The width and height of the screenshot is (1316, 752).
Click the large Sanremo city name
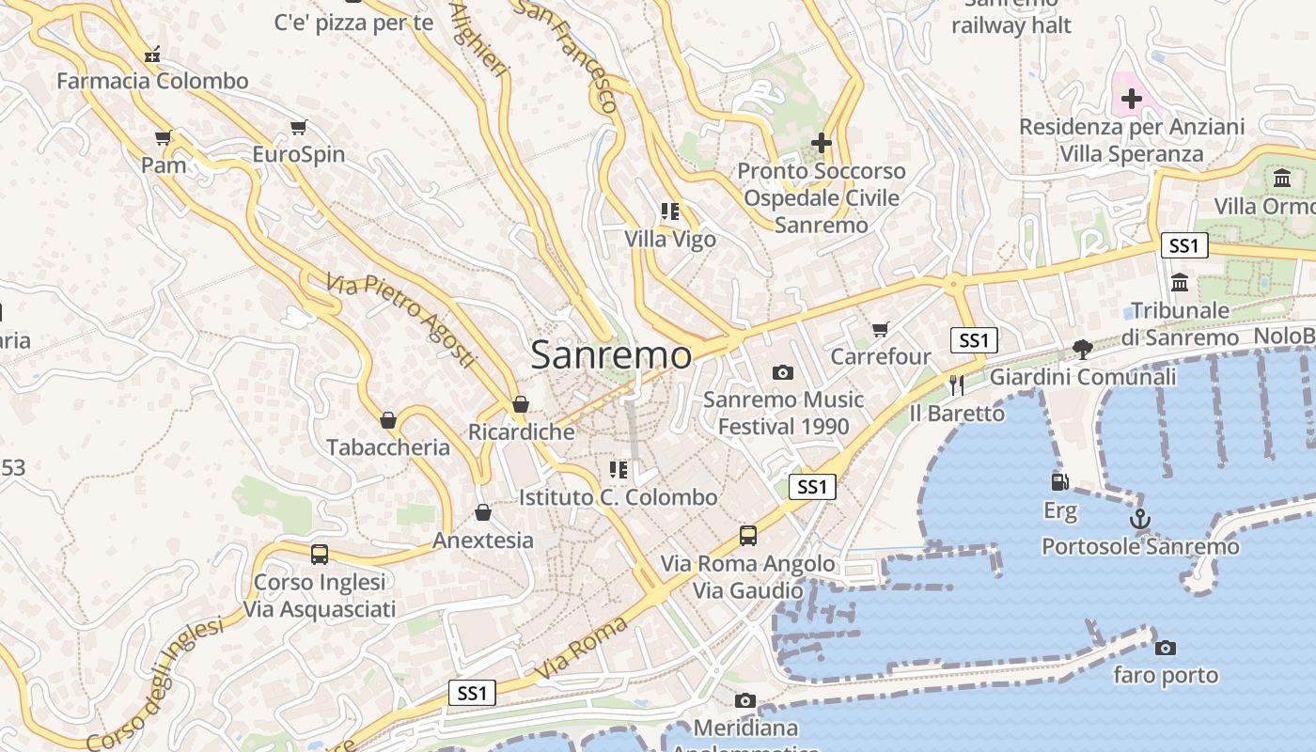click(612, 355)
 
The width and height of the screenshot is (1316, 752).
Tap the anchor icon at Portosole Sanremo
click(1139, 519)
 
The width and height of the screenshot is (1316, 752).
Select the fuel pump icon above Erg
click(1060, 482)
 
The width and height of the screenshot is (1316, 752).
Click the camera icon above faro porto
click(1166, 648)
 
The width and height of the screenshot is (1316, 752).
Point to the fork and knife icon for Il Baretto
click(957, 384)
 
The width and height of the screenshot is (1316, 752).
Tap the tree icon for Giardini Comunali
click(1083, 350)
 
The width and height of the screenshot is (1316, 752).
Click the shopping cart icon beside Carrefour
click(880, 329)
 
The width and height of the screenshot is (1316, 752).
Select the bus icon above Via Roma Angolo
click(748, 536)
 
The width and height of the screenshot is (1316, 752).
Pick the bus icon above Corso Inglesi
click(320, 555)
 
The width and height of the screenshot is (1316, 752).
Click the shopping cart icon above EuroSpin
click(299, 127)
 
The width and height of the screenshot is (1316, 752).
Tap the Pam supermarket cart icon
click(164, 138)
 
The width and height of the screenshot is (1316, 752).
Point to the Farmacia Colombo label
click(152, 81)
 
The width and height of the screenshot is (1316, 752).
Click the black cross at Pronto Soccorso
click(822, 143)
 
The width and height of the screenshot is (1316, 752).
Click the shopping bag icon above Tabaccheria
click(387, 419)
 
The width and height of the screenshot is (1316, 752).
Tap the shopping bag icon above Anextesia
click(483, 512)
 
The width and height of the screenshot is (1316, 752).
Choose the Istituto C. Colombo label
click(619, 497)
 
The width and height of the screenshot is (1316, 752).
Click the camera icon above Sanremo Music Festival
click(783, 373)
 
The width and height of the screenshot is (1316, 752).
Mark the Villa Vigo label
click(670, 240)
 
